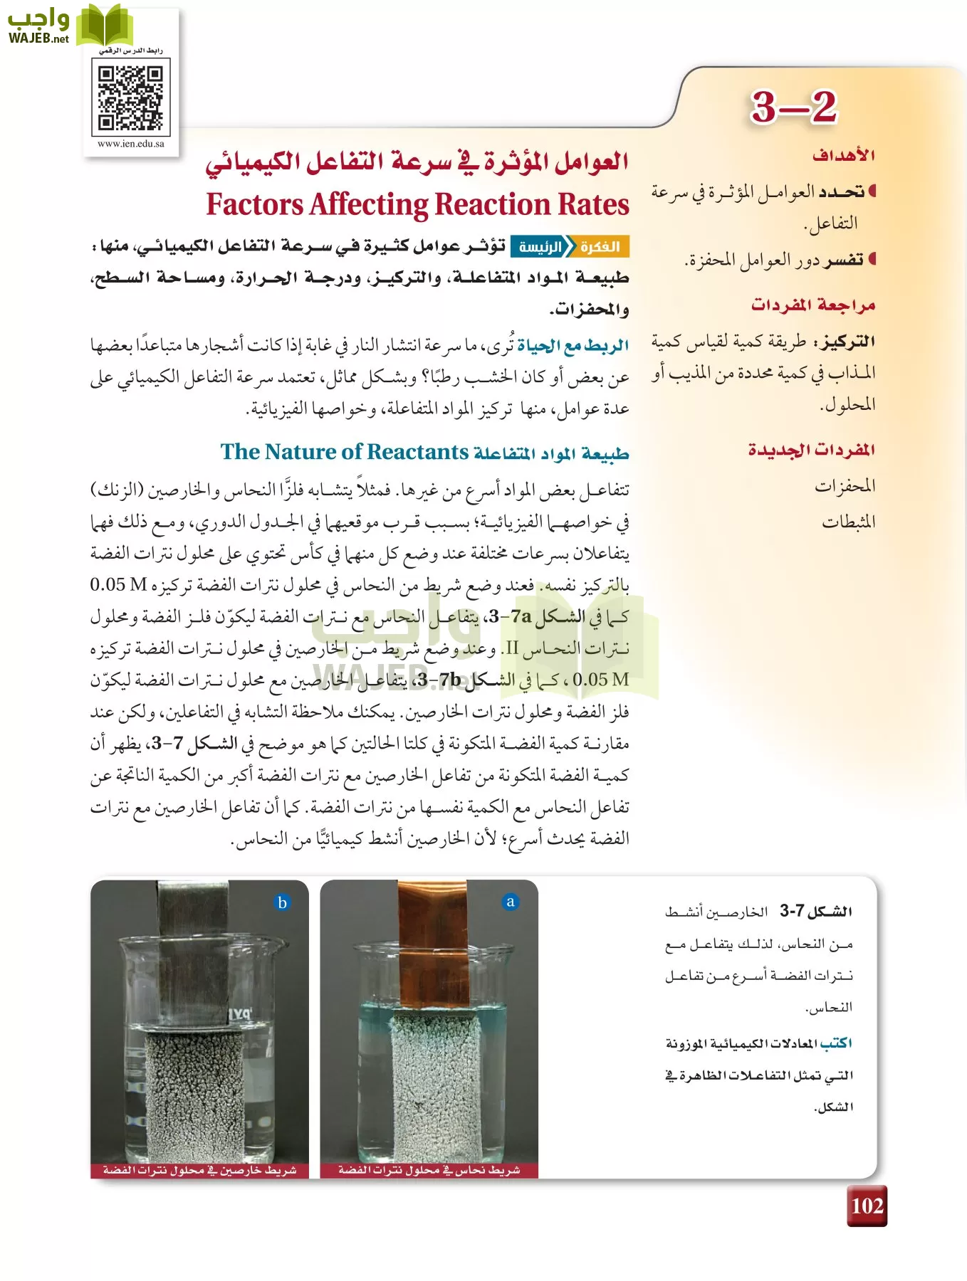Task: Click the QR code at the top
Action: [x=130, y=97]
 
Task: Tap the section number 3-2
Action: [x=793, y=107]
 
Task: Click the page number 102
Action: [x=867, y=1206]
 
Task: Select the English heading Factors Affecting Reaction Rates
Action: [x=417, y=204]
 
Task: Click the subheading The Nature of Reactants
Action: [x=344, y=452]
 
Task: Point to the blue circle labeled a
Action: [x=510, y=902]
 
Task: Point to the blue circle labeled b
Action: [x=282, y=902]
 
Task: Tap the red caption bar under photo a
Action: [x=429, y=1170]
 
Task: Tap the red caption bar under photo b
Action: [x=199, y=1170]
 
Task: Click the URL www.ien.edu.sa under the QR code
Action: [x=130, y=144]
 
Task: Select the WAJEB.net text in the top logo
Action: [x=38, y=38]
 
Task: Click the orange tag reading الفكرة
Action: [x=600, y=247]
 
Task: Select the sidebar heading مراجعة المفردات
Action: [x=812, y=305]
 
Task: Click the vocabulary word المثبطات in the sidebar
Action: [x=848, y=522]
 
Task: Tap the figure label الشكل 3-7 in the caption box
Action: [x=816, y=911]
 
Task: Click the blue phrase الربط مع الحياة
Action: [x=573, y=347]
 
